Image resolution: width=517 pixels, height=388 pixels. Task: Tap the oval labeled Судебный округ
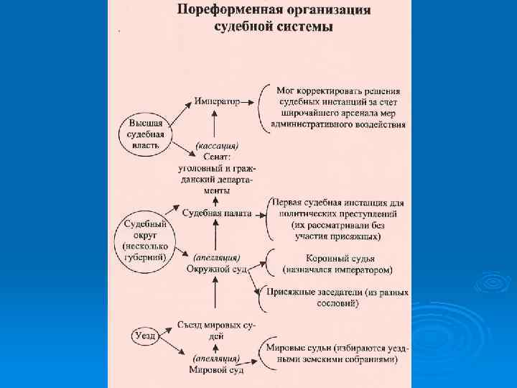146,240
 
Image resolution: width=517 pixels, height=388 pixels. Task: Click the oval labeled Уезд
144,335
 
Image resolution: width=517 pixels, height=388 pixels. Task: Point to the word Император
217,102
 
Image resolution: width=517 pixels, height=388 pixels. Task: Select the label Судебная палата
217,213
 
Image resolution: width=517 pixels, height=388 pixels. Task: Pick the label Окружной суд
217,268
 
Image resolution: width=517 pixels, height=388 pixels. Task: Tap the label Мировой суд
216,369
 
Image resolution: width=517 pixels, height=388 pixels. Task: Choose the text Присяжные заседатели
313,292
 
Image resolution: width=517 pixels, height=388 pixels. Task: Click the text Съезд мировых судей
215,330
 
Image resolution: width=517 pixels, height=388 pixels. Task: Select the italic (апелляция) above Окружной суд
217,257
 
